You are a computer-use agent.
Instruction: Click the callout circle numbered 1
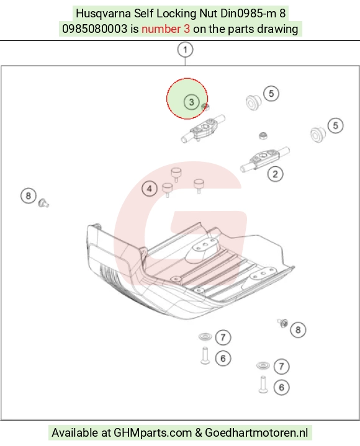185,50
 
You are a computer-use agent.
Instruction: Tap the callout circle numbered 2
275,174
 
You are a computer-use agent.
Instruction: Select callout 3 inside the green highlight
191,102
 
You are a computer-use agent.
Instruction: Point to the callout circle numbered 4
150,189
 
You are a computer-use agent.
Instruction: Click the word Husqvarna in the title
103,14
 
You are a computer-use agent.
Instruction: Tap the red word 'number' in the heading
161,29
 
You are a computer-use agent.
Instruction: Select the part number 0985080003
95,29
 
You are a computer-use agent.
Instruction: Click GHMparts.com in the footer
153,433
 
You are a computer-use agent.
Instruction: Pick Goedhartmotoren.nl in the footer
256,432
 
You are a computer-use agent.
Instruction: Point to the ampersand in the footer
199,433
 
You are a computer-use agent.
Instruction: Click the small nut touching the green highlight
205,107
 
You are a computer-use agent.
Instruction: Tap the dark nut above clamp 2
263,135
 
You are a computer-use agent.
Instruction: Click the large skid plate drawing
190,270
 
